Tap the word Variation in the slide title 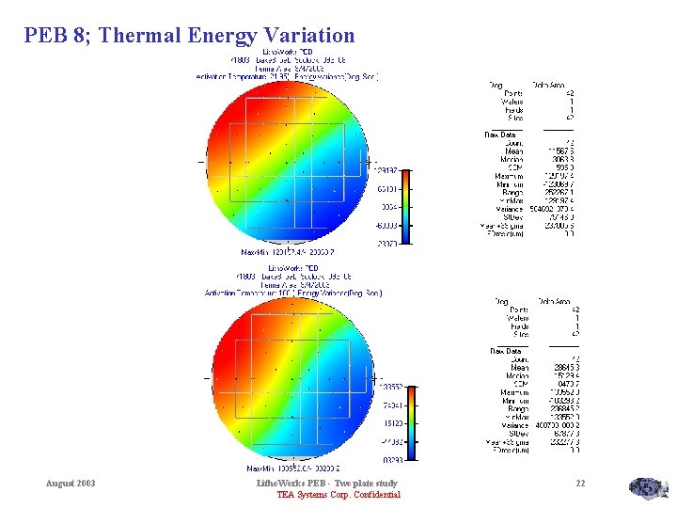pyautogui.click(x=308, y=36)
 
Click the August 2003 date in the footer pyautogui.click(x=71, y=484)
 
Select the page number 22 pyautogui.click(x=580, y=484)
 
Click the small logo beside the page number pyautogui.click(x=647, y=487)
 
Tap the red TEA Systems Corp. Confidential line pyautogui.click(x=338, y=495)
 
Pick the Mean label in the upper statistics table pyautogui.click(x=514, y=150)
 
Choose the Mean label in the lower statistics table pyautogui.click(x=514, y=367)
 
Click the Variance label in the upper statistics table pyautogui.click(x=509, y=209)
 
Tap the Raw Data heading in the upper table pyautogui.click(x=500, y=135)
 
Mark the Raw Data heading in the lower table pyautogui.click(x=500, y=352)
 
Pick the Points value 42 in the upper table pyautogui.click(x=570, y=93)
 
